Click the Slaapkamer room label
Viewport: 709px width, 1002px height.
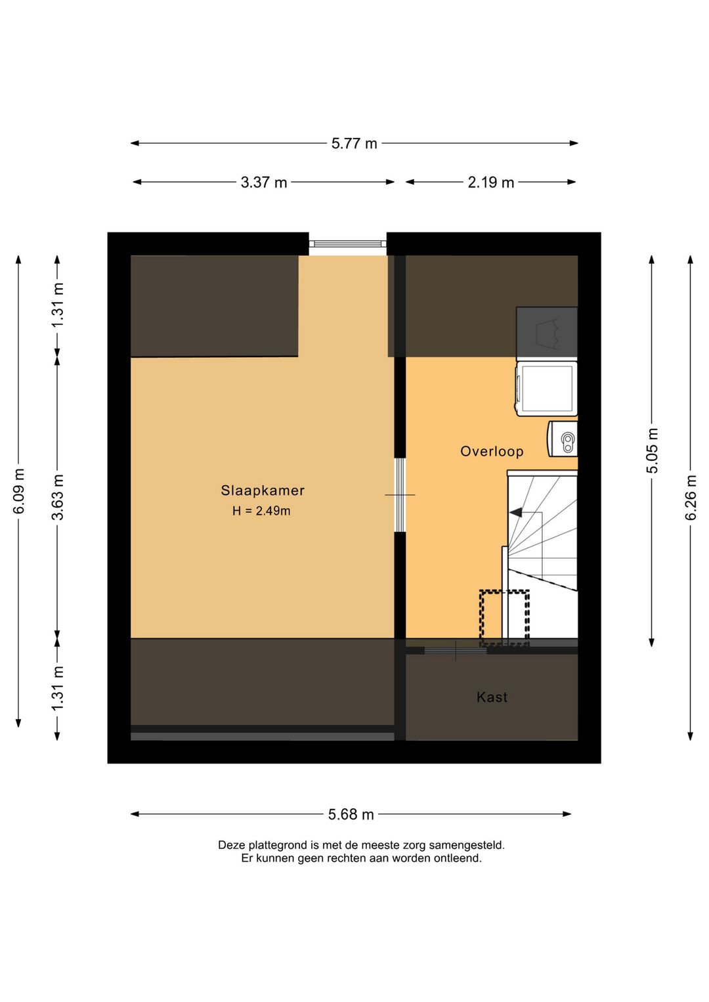click(x=263, y=490)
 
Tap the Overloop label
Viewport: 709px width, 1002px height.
click(x=492, y=451)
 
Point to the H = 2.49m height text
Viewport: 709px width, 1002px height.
click(x=261, y=511)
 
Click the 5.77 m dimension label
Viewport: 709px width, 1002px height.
click(x=354, y=144)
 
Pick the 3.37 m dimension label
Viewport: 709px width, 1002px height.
click(x=264, y=183)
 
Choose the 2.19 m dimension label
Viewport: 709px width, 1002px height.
click(x=490, y=183)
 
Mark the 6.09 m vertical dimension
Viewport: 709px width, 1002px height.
click(x=18, y=491)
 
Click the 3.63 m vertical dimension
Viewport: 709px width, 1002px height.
click(x=58, y=497)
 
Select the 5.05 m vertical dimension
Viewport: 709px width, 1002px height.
click(x=653, y=450)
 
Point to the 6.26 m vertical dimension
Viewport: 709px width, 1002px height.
click(x=691, y=498)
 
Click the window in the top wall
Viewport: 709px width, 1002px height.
click(x=347, y=244)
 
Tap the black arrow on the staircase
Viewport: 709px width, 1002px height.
click(x=516, y=512)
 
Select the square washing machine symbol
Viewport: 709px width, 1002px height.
click(x=546, y=389)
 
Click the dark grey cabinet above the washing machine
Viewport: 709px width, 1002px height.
click(x=547, y=334)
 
